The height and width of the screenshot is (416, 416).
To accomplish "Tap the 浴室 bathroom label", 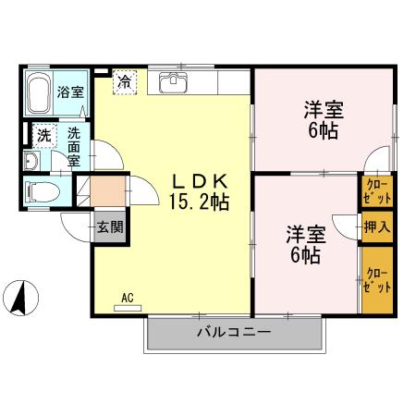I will coord(69,92).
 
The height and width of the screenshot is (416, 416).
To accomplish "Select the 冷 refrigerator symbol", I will coord(123,80).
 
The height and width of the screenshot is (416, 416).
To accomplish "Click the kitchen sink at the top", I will coord(173,84).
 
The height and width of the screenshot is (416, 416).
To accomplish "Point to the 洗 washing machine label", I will coord(43,134).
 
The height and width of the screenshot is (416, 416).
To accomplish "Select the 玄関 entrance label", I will coord(108,226).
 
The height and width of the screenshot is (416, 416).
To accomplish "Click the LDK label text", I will coord(198,180).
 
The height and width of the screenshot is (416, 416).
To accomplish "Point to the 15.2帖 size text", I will coord(198,201).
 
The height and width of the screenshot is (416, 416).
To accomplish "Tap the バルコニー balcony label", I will coord(233,332).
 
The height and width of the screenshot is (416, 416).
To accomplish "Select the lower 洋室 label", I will coord(304,235).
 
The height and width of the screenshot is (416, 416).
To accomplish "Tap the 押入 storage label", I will coord(376,226).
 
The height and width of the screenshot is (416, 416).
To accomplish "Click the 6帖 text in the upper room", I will coord(324,130).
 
